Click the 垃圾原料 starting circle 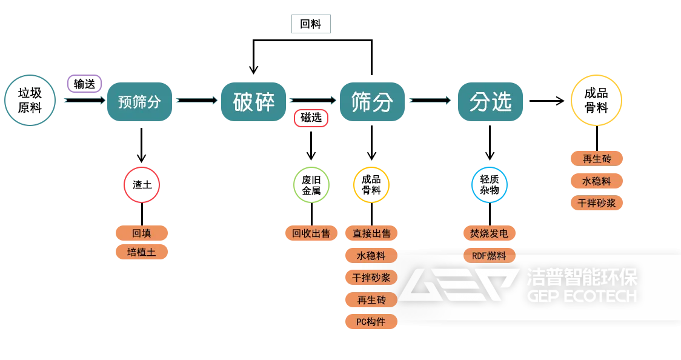[30, 101]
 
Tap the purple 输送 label [84, 84]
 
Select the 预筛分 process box [140, 102]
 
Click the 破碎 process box [253, 102]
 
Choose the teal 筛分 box [372, 102]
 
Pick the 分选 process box [490, 102]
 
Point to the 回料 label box [311, 24]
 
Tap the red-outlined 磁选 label [311, 118]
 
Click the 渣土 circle [142, 184]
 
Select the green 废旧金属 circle [311, 184]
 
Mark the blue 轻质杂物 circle [490, 184]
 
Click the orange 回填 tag [142, 233]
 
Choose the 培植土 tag [142, 252]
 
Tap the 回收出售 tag [311, 233]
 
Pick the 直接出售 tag [371, 233]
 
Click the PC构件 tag [371, 322]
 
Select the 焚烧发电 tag [490, 233]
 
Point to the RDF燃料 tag [490, 255]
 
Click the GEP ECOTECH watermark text [582, 296]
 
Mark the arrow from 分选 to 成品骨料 [546, 101]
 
